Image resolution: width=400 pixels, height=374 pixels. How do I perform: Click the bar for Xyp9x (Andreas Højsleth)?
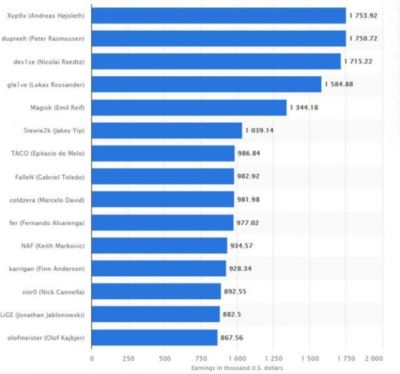(x=219, y=15)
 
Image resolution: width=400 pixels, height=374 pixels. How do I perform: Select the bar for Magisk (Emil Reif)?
(x=189, y=108)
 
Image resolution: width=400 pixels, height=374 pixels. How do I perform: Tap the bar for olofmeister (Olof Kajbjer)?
(x=155, y=337)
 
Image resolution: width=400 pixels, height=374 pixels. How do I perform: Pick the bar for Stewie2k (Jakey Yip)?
(x=167, y=130)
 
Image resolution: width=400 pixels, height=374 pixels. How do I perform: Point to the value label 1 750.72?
(x=363, y=39)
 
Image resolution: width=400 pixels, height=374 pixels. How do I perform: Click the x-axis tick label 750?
(x=201, y=357)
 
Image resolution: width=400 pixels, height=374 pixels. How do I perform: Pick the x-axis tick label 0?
(x=92, y=357)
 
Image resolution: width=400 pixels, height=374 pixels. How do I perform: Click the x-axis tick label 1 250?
(x=273, y=357)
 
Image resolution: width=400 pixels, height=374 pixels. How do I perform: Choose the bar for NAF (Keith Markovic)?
(x=159, y=246)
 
